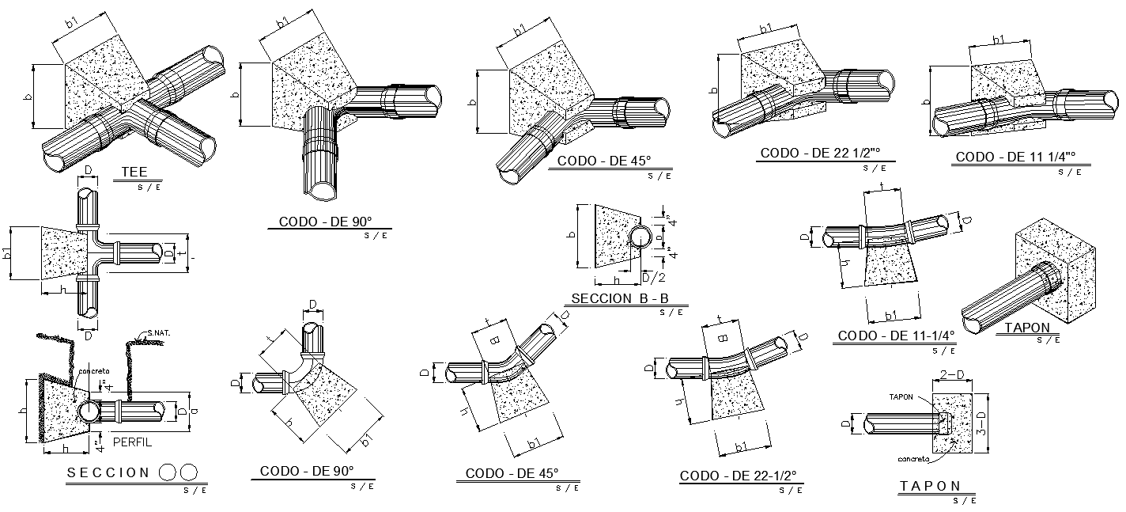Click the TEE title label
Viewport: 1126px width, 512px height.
tap(134, 172)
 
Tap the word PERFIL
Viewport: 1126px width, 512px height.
tap(133, 442)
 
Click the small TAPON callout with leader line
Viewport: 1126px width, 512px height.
tap(901, 396)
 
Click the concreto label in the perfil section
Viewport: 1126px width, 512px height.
tap(94, 370)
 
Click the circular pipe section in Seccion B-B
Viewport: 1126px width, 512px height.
tap(641, 236)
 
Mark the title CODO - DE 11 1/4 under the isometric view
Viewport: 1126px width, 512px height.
tap(1017, 157)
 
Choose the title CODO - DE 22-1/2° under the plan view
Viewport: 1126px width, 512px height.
tap(738, 476)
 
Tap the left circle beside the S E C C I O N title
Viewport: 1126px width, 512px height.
tap(168, 472)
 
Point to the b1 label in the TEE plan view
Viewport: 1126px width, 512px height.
tap(8, 254)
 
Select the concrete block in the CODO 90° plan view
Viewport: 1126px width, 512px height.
tap(332, 396)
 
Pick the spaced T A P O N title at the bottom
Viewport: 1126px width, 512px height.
tap(929, 486)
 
